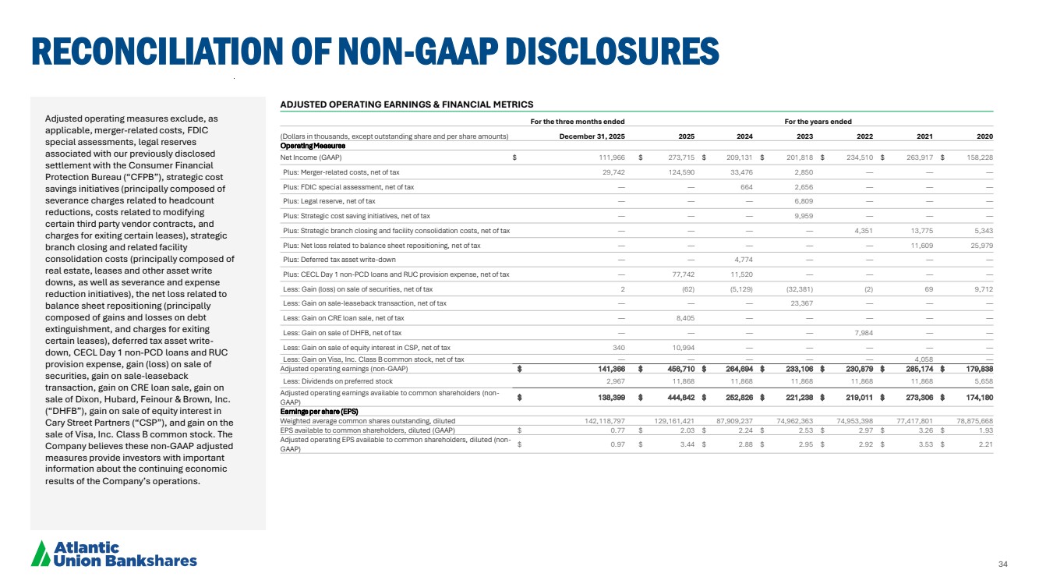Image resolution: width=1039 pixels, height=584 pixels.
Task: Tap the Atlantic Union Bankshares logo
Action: pos(114,553)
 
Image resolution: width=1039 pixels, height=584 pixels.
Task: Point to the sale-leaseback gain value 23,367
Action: pos(799,303)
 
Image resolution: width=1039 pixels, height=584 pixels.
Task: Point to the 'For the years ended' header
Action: pos(818,122)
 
